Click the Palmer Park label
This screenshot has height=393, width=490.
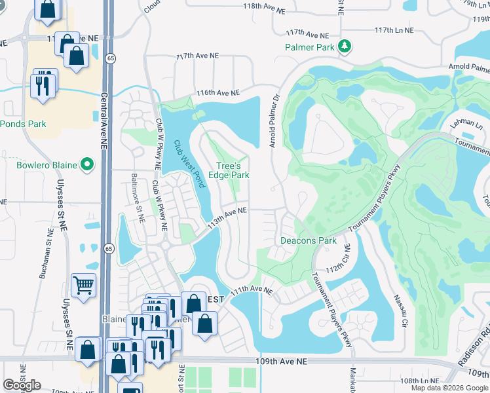310,47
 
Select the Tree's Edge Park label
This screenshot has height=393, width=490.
229,170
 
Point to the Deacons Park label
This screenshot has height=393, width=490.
309,240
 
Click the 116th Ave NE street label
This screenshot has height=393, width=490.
218,95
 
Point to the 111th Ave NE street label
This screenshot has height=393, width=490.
250,289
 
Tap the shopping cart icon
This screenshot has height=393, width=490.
84,286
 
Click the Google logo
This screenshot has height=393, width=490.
22,385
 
